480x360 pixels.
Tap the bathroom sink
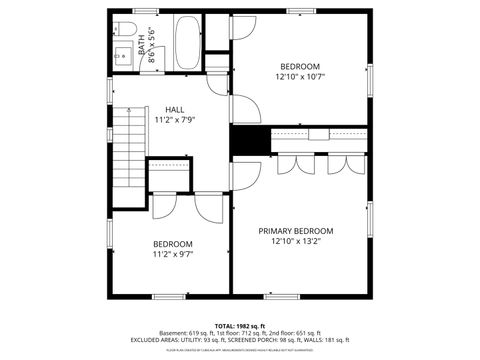(122, 57)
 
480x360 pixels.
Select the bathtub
(186, 43)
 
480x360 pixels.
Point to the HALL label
(174, 109)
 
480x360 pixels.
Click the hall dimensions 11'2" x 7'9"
(174, 119)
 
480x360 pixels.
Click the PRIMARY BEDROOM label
(301, 230)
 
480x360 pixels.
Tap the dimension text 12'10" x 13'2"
(301, 241)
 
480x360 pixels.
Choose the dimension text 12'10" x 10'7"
(300, 76)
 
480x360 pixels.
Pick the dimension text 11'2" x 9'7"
(172, 254)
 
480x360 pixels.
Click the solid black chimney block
(249, 141)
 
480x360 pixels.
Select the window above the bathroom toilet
(126, 14)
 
